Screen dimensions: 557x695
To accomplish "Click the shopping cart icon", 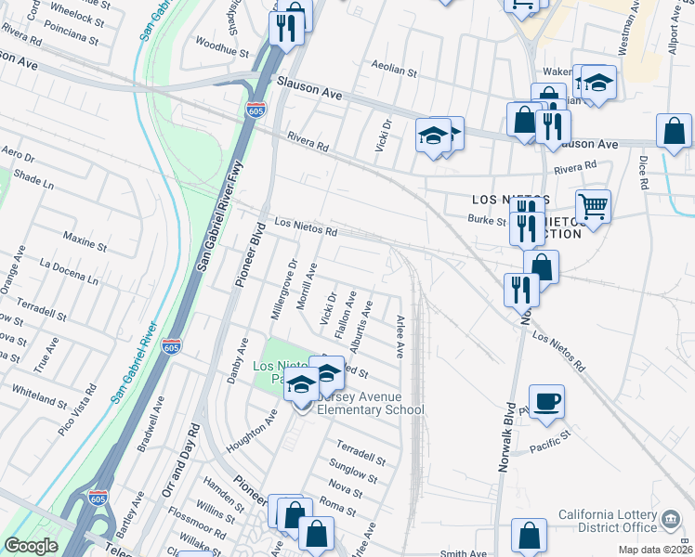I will [x=593, y=205].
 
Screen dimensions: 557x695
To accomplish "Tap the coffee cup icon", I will [x=547, y=401].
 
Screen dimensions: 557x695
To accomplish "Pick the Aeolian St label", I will [x=395, y=70].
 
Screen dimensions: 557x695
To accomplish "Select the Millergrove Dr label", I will [x=283, y=291].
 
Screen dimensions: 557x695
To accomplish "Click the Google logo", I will [x=31, y=546].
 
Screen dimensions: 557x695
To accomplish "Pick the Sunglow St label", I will [x=354, y=473].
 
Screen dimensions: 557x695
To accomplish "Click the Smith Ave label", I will [x=463, y=552].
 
